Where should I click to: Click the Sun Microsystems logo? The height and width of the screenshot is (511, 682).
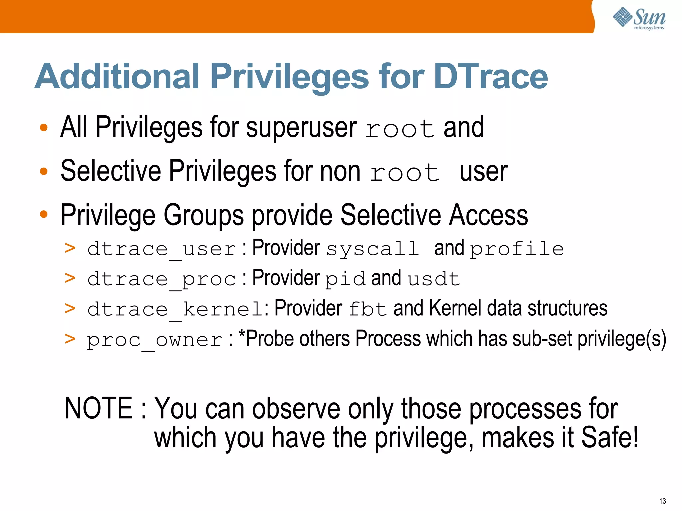click(x=639, y=18)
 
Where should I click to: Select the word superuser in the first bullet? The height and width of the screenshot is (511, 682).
click(x=301, y=128)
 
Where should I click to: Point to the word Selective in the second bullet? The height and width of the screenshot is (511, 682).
click(x=110, y=171)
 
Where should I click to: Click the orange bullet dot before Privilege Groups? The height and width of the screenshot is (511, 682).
click(x=44, y=214)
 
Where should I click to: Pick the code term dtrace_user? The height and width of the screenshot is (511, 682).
click(x=162, y=249)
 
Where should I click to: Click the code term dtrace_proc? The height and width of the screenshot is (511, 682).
click(x=162, y=279)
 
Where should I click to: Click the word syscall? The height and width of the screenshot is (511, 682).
click(x=372, y=249)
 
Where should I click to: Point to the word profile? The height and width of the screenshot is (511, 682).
click(x=517, y=249)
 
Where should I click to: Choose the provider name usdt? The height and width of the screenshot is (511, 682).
click(x=434, y=279)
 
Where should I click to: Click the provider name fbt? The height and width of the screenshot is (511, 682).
click(x=367, y=309)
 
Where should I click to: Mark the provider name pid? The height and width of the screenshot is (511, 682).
click(x=345, y=279)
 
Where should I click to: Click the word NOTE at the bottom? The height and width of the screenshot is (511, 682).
click(x=99, y=408)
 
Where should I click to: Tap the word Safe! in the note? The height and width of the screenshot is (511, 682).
click(x=610, y=437)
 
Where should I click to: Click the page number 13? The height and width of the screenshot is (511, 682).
click(x=662, y=501)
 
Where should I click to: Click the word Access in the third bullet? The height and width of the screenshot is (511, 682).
click(x=488, y=215)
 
